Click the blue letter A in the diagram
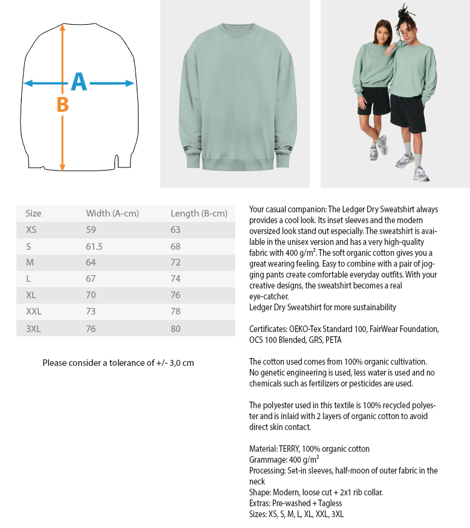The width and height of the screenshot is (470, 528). (79, 82)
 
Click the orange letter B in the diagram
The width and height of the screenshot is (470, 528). (62, 105)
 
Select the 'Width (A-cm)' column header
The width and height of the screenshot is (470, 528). (113, 213)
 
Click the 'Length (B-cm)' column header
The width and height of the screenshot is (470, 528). (198, 213)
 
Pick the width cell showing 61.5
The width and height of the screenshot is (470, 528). (94, 246)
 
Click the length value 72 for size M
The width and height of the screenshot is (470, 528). (175, 262)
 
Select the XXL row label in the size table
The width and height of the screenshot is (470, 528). (34, 311)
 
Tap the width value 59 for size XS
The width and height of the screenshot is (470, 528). (91, 230)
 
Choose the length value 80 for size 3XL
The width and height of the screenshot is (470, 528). (175, 328)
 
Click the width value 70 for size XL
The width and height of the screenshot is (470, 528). (91, 295)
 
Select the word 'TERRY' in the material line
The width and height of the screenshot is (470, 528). (291, 449)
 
